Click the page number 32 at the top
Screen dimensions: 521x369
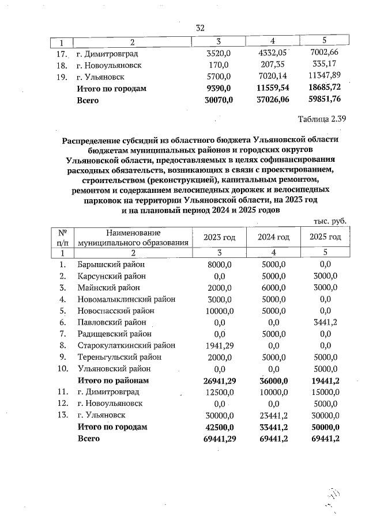click(x=200, y=28)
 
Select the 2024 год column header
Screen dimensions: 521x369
click(x=273, y=237)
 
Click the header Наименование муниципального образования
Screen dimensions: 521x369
click(x=133, y=237)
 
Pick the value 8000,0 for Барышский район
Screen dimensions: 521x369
click(x=219, y=264)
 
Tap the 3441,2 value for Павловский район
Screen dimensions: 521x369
click(x=325, y=322)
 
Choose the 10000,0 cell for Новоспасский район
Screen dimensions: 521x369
click(x=219, y=311)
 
